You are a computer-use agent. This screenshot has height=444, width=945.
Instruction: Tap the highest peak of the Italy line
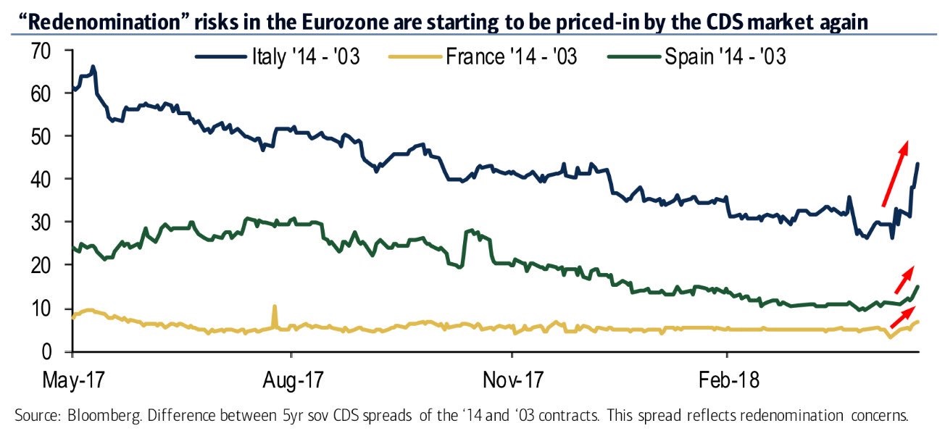click(93, 67)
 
